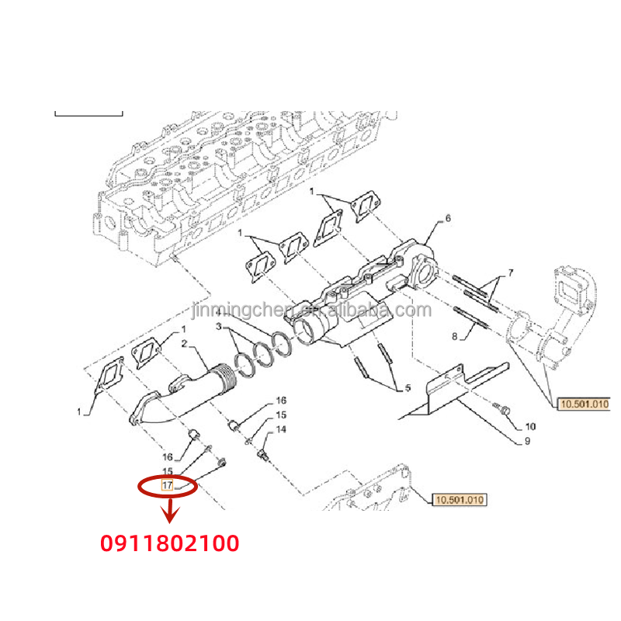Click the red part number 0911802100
(x=169, y=543)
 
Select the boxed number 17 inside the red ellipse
(x=167, y=485)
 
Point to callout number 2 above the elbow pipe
(x=184, y=343)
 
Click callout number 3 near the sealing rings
(x=220, y=326)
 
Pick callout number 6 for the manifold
(x=447, y=219)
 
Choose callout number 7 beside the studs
(x=511, y=273)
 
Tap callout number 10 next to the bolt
(x=529, y=426)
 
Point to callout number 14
(x=281, y=429)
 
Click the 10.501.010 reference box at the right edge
(x=583, y=404)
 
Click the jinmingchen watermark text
(x=310, y=311)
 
